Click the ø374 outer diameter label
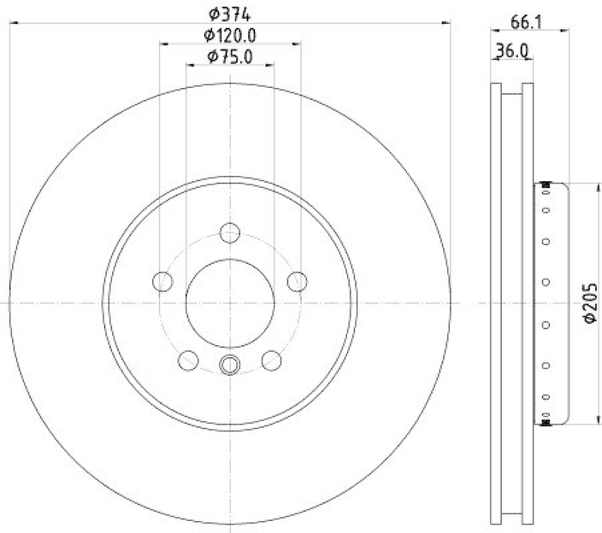230,13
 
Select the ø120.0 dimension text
230,35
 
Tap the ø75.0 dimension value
230,56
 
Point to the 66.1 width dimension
528,23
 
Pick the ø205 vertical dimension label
591,303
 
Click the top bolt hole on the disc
230,232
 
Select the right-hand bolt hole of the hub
298,282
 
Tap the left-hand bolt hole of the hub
162,282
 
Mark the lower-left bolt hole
187,361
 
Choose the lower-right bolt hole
272,361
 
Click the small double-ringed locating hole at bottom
230,365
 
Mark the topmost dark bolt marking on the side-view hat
546,186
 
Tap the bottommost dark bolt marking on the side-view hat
546,422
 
